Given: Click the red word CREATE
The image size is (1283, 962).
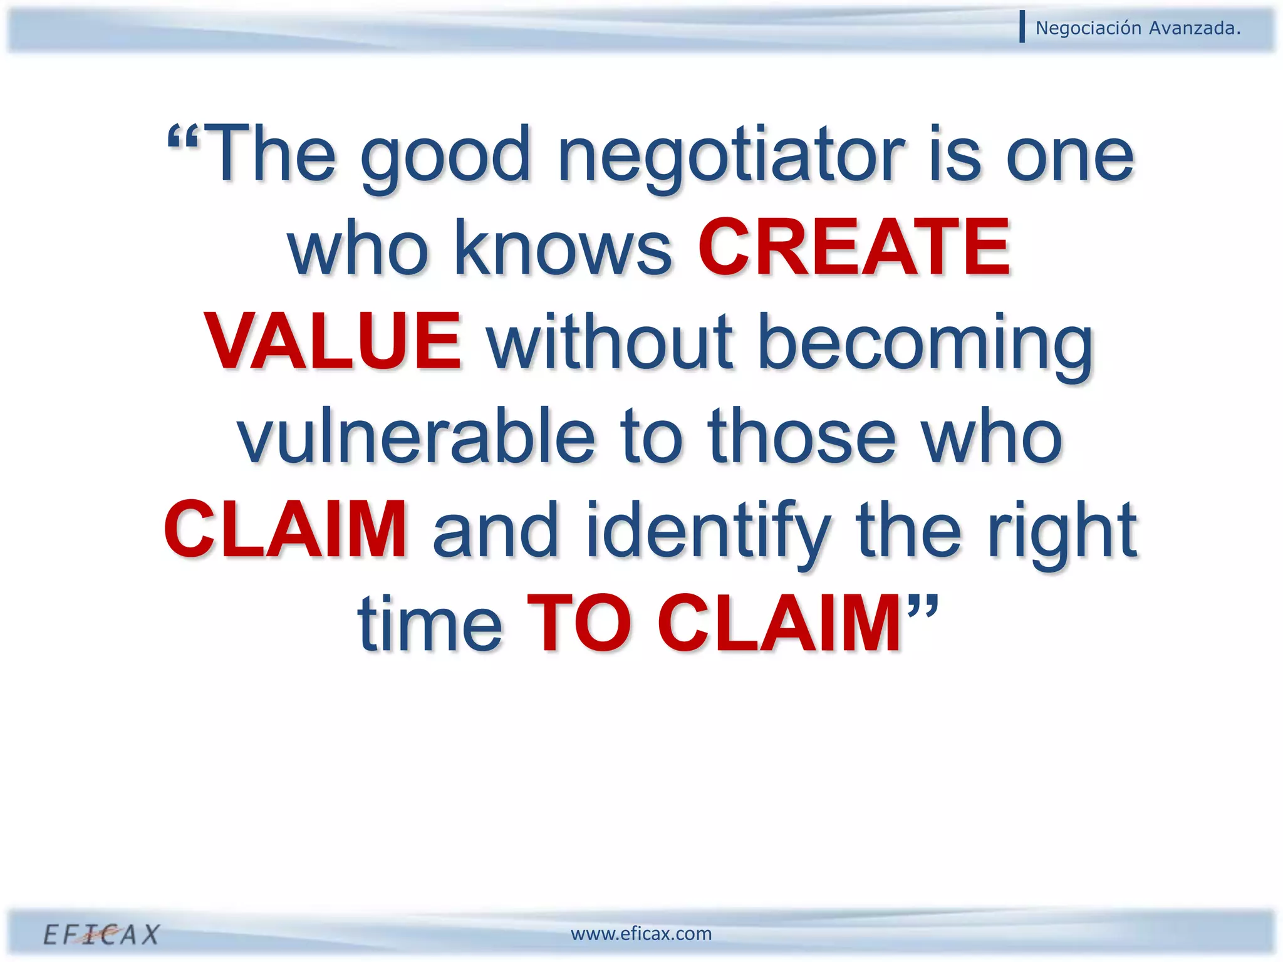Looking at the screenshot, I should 853,248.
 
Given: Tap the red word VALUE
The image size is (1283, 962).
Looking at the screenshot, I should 333,342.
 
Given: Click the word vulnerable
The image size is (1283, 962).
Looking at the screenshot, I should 416,436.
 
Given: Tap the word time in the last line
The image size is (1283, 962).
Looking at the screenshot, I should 430,624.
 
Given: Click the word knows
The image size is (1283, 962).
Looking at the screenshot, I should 563,248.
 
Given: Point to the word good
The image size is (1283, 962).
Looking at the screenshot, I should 446,157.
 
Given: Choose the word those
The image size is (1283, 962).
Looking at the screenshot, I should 802,436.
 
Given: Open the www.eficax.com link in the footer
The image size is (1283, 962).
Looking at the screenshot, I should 641,934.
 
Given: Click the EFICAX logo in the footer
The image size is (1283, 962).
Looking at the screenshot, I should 101,934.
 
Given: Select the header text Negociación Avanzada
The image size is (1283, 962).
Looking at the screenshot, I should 1138,28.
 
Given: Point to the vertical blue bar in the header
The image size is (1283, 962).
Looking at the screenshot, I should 1022,27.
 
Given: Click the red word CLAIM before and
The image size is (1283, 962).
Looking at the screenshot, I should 286,530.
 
